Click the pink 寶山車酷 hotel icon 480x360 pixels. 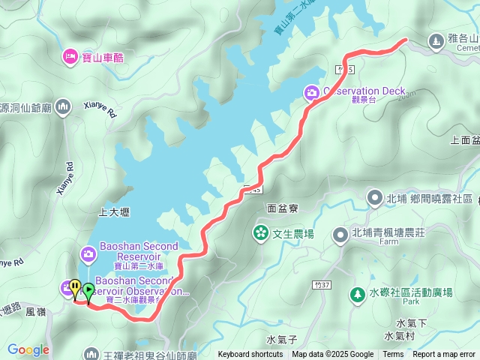click(70, 55)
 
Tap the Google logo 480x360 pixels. click(28, 349)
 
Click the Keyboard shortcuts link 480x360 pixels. click(250, 355)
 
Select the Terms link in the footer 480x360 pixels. click(393, 355)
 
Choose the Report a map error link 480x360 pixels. click(443, 355)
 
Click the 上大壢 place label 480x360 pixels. click(114, 212)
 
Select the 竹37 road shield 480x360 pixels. click(323, 285)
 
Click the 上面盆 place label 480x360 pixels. click(465, 139)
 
